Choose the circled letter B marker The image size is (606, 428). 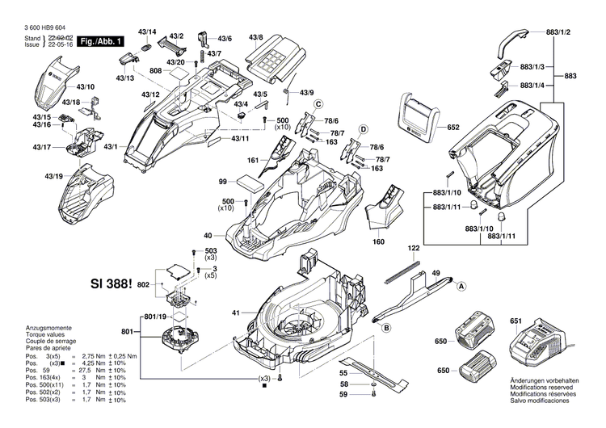point(386,326)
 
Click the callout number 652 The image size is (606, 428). point(452,127)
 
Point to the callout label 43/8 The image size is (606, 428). point(256,38)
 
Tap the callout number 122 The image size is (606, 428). point(414,248)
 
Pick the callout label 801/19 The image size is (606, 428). point(157,316)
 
